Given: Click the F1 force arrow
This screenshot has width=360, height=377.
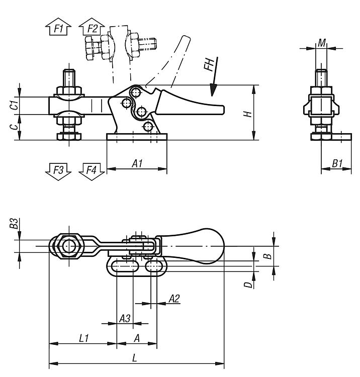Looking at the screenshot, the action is pyautogui.click(x=58, y=27).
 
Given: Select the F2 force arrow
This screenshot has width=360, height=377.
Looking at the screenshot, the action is pyautogui.click(x=92, y=27).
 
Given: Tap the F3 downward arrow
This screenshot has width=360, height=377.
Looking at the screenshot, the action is pyautogui.click(x=58, y=171).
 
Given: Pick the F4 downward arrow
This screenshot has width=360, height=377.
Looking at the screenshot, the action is pyautogui.click(x=92, y=171).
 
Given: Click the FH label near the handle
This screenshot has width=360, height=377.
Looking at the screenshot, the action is pyautogui.click(x=209, y=64).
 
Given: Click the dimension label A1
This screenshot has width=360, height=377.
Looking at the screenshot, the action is pyautogui.click(x=137, y=164).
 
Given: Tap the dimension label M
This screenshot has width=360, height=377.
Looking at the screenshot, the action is pyautogui.click(x=321, y=43).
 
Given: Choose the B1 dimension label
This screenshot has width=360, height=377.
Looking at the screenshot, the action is pyautogui.click(x=337, y=164).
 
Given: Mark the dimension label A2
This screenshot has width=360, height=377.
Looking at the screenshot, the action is pyautogui.click(x=174, y=299).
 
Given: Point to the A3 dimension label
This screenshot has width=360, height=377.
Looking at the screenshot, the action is pyautogui.click(x=125, y=319).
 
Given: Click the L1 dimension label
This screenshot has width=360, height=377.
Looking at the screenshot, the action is pyautogui.click(x=84, y=338).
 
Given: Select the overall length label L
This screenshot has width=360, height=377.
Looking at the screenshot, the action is pyautogui.click(x=135, y=358).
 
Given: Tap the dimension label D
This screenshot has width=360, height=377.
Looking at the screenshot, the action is pyautogui.click(x=248, y=285).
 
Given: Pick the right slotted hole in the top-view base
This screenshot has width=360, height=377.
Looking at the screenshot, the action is pyautogui.click(x=154, y=266).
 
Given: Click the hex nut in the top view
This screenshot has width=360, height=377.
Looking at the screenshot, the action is pyautogui.click(x=69, y=246).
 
